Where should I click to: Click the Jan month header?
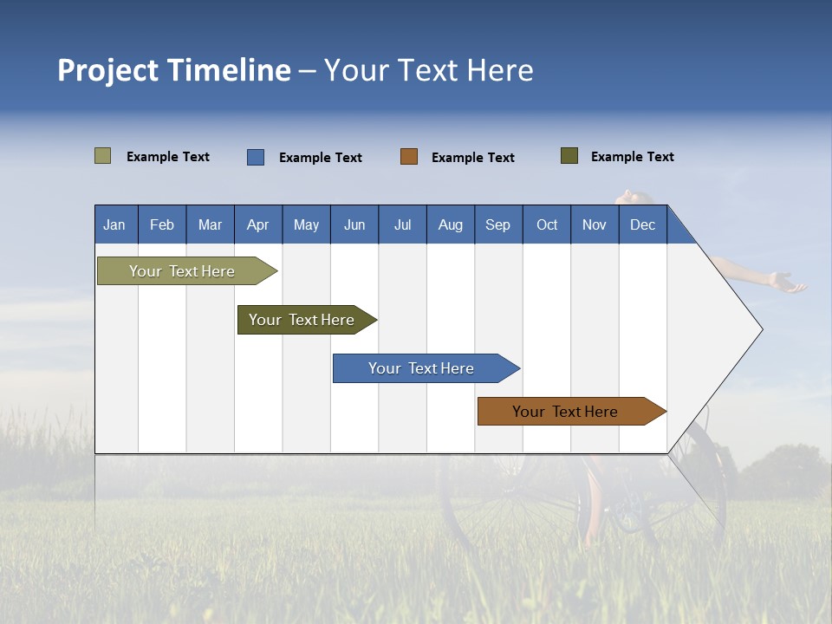tap(115, 224)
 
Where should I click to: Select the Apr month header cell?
tap(258, 224)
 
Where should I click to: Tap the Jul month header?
tap(402, 224)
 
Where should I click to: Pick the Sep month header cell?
tap(498, 224)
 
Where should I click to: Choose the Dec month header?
tap(642, 224)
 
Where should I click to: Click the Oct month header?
tap(547, 224)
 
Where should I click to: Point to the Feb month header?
tap(162, 224)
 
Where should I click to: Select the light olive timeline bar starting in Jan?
tap(183, 271)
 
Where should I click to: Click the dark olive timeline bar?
tap(302, 320)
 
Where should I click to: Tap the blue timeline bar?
tap(422, 368)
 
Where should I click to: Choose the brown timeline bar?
tap(566, 412)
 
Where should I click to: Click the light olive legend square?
tap(102, 156)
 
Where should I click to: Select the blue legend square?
tap(255, 157)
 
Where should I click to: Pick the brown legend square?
tap(409, 157)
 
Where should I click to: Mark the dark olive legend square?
tap(569, 156)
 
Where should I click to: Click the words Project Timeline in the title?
tap(174, 70)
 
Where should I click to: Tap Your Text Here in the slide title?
tap(429, 70)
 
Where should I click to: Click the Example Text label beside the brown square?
tap(473, 158)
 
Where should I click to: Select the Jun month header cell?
tap(354, 224)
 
